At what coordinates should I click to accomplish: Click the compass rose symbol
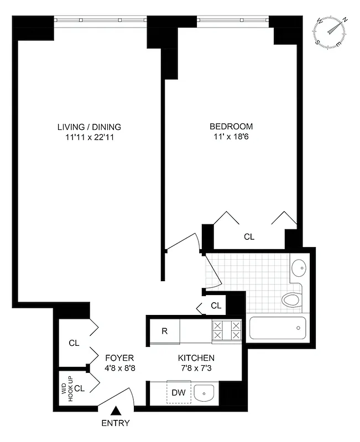331,31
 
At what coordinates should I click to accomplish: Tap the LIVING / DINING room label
89,127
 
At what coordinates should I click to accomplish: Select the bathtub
276,328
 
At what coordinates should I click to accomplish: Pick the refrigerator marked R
164,331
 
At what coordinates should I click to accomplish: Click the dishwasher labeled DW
179,392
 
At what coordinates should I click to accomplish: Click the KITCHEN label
196,358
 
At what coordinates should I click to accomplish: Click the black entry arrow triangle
116,411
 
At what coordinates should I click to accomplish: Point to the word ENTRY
116,424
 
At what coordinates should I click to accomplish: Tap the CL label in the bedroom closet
249,236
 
